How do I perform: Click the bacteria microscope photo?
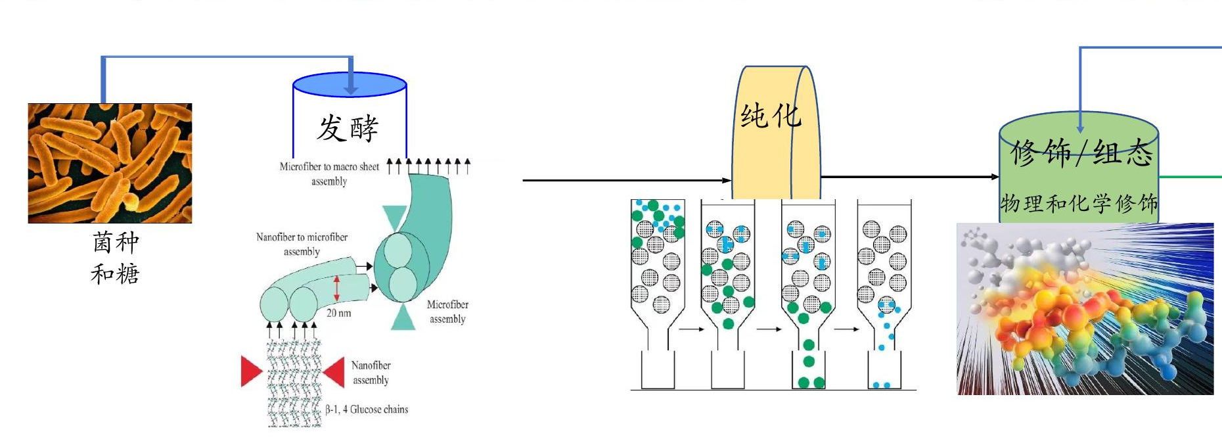pos(110,163)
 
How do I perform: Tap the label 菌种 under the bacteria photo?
pos(116,243)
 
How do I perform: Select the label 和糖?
pos(115,273)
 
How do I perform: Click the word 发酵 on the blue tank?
pos(348,128)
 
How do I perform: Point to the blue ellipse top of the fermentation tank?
pos(350,85)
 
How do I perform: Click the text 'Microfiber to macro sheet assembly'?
pos(329,174)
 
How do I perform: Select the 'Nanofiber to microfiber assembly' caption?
pos(302,244)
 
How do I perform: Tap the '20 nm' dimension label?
pos(339,313)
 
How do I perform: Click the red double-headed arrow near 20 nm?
pos(337,288)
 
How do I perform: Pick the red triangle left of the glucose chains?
pos(252,371)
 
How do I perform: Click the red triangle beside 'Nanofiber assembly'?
pos(334,372)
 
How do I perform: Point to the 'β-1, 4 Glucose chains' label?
pos(367,410)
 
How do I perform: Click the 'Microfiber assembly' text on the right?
pos(447,312)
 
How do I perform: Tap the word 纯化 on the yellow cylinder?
pos(771,116)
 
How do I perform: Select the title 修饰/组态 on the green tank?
pos(1081,153)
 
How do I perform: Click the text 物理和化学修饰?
pos(1079,203)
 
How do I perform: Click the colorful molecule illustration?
pos(1085,309)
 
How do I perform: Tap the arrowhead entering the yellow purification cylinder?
pos(727,180)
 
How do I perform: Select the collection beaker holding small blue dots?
pos(884,370)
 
